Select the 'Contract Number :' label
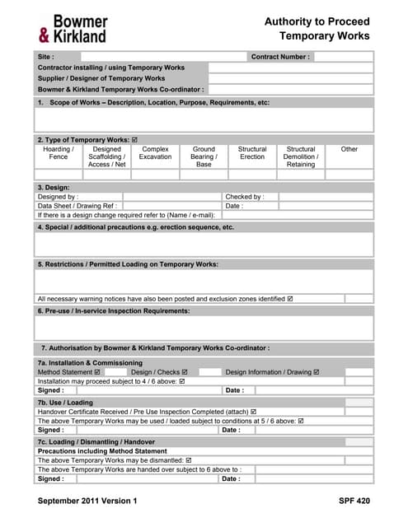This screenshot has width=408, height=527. click(x=280, y=57)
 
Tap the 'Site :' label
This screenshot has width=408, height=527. click(x=46, y=57)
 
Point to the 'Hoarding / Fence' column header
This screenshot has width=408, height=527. click(x=58, y=153)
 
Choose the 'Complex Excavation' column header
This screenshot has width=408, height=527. click(x=155, y=153)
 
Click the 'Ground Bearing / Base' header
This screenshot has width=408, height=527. click(x=204, y=156)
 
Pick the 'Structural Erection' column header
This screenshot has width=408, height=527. click(x=252, y=153)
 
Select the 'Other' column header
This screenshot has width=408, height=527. click(x=349, y=149)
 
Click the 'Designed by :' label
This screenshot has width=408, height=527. click(x=58, y=197)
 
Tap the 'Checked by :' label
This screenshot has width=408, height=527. click(x=244, y=197)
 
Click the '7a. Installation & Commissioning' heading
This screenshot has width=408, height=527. click(x=90, y=362)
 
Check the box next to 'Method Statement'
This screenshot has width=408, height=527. click(x=97, y=372)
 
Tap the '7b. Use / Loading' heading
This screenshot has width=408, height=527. click(x=65, y=402)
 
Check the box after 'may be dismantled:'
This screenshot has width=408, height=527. click(x=190, y=460)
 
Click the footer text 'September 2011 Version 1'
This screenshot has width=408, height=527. click(x=87, y=501)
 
